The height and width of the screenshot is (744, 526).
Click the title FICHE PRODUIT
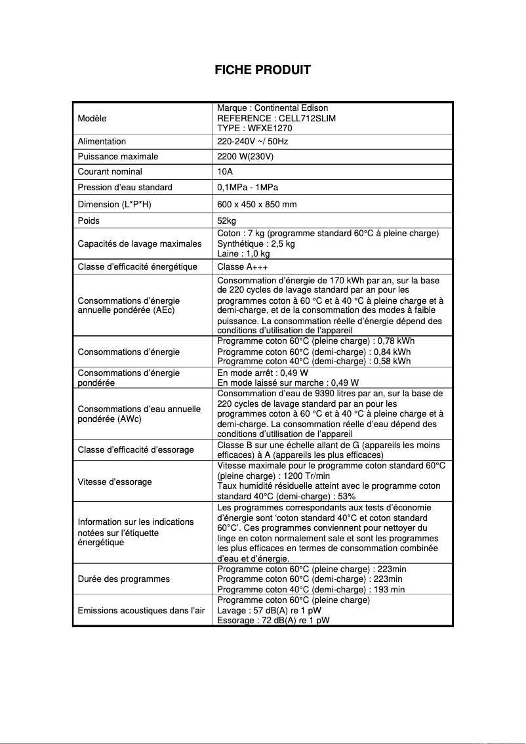click(x=262, y=70)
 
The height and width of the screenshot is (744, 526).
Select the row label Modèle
click(x=92, y=118)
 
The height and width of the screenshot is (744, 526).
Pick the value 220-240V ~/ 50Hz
click(x=253, y=141)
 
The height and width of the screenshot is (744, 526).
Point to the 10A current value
click(x=224, y=171)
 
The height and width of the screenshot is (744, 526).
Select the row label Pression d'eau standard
click(x=125, y=187)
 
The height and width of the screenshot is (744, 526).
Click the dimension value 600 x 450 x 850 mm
click(x=256, y=204)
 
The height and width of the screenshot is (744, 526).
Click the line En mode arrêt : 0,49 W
click(x=262, y=373)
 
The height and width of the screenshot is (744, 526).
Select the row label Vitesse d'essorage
click(x=115, y=482)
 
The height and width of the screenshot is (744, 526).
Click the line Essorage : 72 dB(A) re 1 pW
click(x=273, y=619)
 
